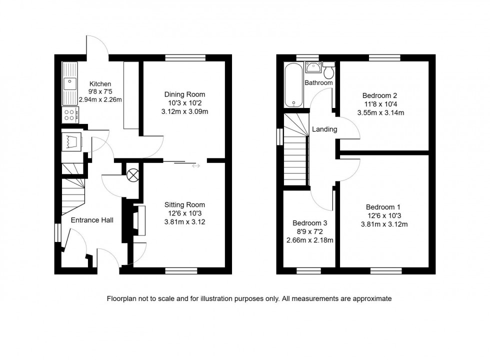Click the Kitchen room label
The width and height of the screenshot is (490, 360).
[x=100, y=84]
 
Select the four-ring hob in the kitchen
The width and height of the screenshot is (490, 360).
[x=69, y=115]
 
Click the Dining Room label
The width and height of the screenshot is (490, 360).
[x=184, y=94]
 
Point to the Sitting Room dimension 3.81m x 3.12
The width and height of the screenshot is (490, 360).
[x=184, y=221]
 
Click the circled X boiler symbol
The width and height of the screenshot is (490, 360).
[x=133, y=175]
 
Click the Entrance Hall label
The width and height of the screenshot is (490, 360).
[x=92, y=220]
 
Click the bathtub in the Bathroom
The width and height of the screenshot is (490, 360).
[x=293, y=84]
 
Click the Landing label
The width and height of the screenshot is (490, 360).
[x=324, y=129]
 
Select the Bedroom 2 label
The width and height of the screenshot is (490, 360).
[x=380, y=95]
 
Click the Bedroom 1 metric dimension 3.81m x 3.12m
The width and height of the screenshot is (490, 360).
[x=384, y=224]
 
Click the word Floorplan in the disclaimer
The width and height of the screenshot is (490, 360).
[x=123, y=298]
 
